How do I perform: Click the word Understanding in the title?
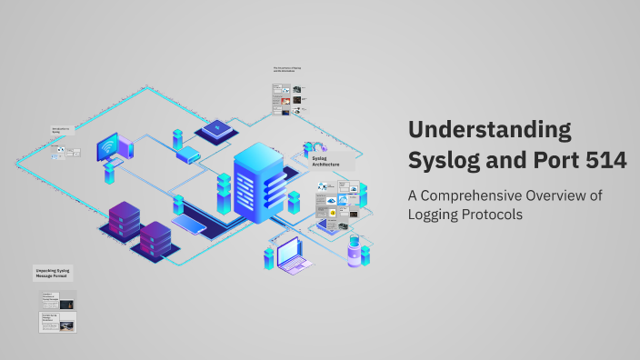pos(490,129)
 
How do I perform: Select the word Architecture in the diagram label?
pos(326,165)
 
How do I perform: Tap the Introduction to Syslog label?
pos(63,130)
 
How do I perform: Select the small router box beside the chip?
pos(189,155)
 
